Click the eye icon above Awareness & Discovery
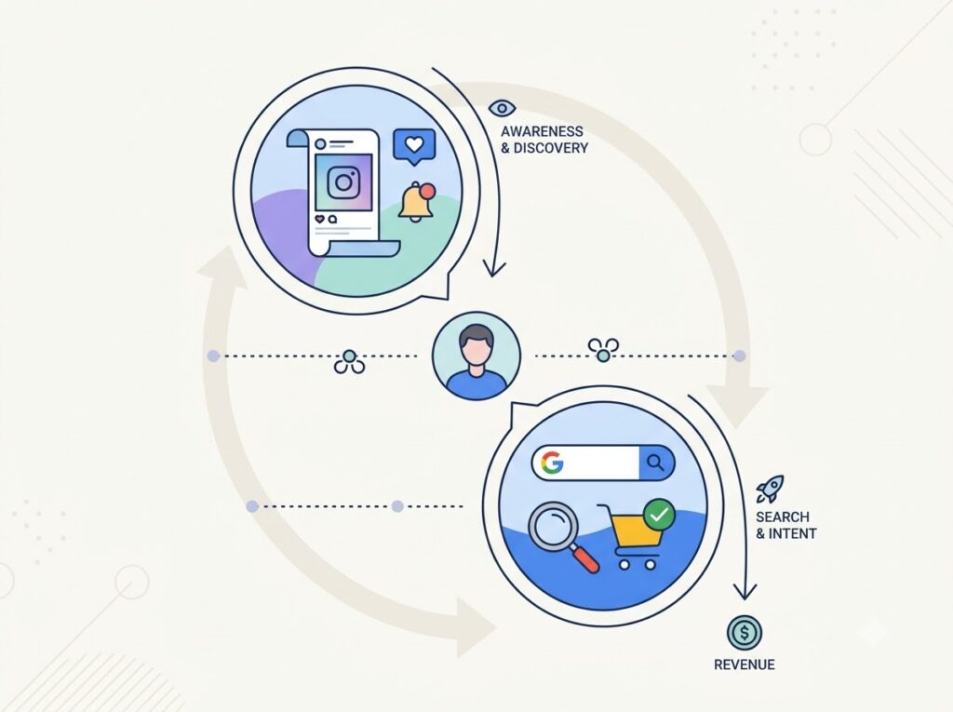[502, 108]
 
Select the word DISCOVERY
[551, 148]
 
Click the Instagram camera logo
[343, 181]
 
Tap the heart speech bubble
[414, 146]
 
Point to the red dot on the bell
[428, 191]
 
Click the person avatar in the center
[476, 356]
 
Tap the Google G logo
[553, 463]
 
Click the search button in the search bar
[656, 463]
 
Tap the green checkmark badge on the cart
[659, 515]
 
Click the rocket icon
[770, 489]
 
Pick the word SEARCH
[782, 517]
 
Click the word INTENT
[793, 534]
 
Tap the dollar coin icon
[745, 633]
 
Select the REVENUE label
[744, 665]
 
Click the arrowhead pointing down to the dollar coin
[745, 592]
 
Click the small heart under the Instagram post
[320, 219]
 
